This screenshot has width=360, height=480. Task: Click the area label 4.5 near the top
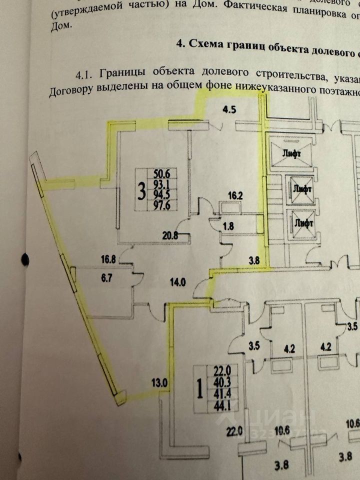click(228, 109)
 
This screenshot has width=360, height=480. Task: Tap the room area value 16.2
click(236, 195)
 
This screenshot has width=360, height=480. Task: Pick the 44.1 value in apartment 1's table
click(219, 403)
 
